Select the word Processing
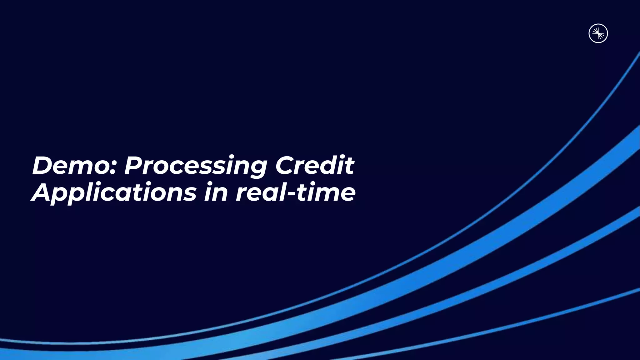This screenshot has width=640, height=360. [195, 166]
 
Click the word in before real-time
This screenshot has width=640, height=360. [216, 192]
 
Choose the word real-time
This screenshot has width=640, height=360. [295, 192]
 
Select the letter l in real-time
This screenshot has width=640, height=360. [282, 191]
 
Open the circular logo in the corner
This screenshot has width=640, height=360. [598, 33]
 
